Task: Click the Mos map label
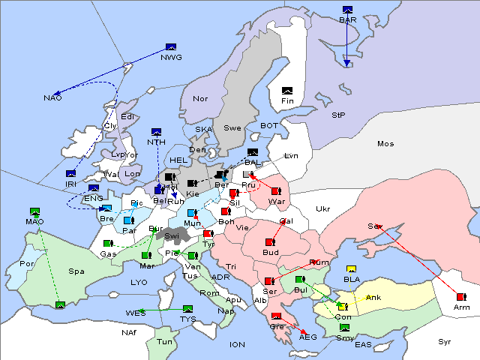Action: click(x=385, y=143)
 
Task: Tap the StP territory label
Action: click(x=338, y=115)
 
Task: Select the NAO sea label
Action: click(x=52, y=98)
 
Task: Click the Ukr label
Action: click(x=322, y=208)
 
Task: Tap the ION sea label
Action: click(x=237, y=344)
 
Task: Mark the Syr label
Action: click(x=445, y=341)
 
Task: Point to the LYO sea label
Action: click(x=139, y=283)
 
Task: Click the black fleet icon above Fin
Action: click(x=287, y=90)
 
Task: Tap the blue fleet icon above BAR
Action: click(x=347, y=10)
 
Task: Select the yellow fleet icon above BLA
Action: click(x=350, y=269)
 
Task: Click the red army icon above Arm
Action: click(x=460, y=296)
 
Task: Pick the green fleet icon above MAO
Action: click(x=34, y=212)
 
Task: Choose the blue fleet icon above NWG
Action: click(x=170, y=46)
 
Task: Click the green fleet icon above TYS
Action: click(x=187, y=309)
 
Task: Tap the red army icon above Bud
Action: click(x=270, y=242)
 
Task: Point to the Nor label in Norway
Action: click(x=200, y=99)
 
